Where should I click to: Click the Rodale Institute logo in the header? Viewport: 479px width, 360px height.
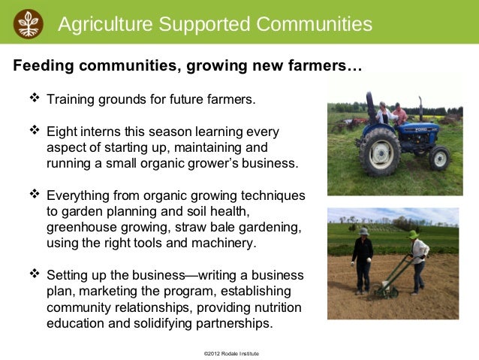[x=29, y=23]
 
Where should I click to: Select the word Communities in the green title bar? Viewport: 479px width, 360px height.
[x=314, y=24]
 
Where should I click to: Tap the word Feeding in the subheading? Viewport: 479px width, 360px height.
[x=44, y=66]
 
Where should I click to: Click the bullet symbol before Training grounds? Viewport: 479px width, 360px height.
[x=33, y=98]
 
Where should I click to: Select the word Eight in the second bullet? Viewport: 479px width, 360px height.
[x=62, y=131]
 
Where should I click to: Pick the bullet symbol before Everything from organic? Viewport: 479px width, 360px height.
[x=33, y=195]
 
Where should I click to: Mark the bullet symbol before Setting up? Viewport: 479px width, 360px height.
[x=33, y=274]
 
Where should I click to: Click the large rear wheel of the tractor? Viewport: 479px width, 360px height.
[x=379, y=150]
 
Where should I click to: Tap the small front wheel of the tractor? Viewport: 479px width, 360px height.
[x=439, y=157]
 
